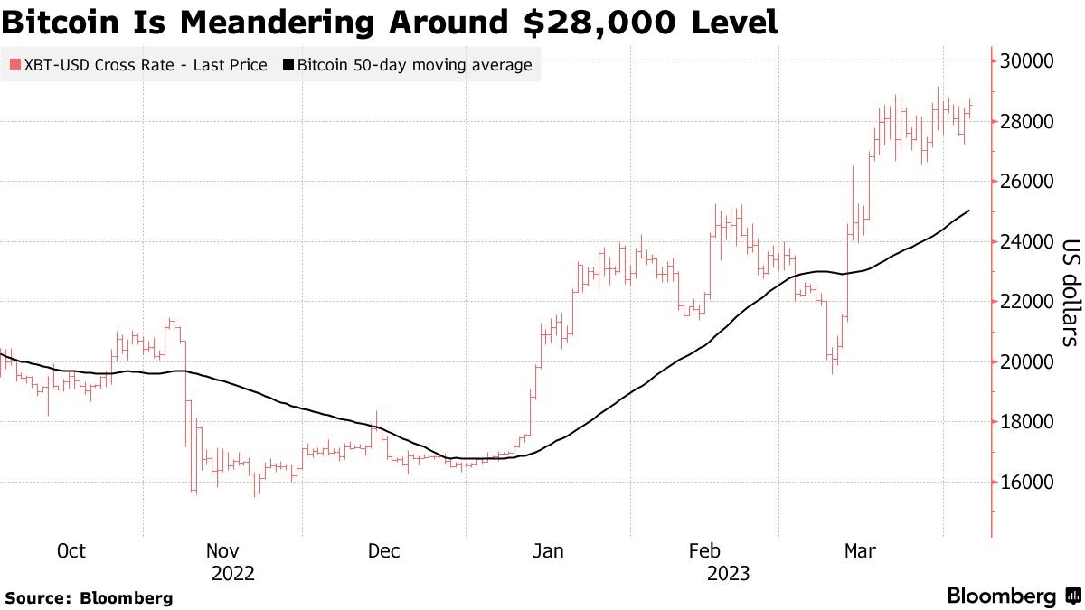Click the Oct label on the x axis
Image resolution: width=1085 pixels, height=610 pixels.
[71, 551]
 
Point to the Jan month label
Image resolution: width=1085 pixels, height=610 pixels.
[548, 551]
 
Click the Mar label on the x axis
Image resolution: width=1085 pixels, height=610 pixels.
[859, 551]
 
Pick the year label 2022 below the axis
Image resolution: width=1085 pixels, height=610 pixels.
[233, 574]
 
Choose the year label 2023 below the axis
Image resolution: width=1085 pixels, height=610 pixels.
[728, 574]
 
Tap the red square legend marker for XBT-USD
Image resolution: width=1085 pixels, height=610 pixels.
[14, 65]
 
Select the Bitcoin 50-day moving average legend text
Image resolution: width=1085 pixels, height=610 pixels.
[414, 65]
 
